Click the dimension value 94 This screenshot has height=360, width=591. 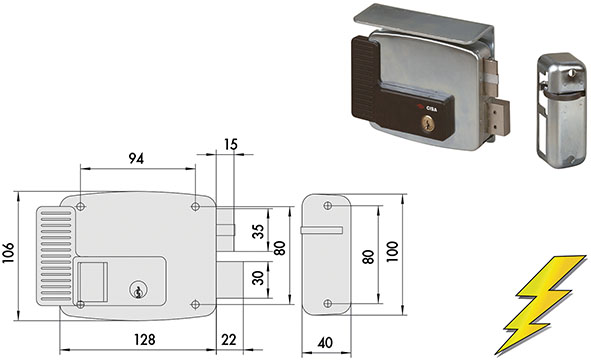pos(136,159)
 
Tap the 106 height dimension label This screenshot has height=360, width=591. pos(8,252)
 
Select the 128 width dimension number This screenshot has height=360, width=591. pos(145,340)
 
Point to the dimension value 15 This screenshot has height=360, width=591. pos(231,144)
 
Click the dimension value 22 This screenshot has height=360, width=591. pos(229,340)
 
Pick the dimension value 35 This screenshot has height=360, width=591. pos(258,231)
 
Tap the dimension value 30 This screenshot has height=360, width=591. pos(258,278)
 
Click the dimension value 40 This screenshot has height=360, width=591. pos(325,343)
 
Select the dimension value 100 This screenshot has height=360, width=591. pos(392,252)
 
